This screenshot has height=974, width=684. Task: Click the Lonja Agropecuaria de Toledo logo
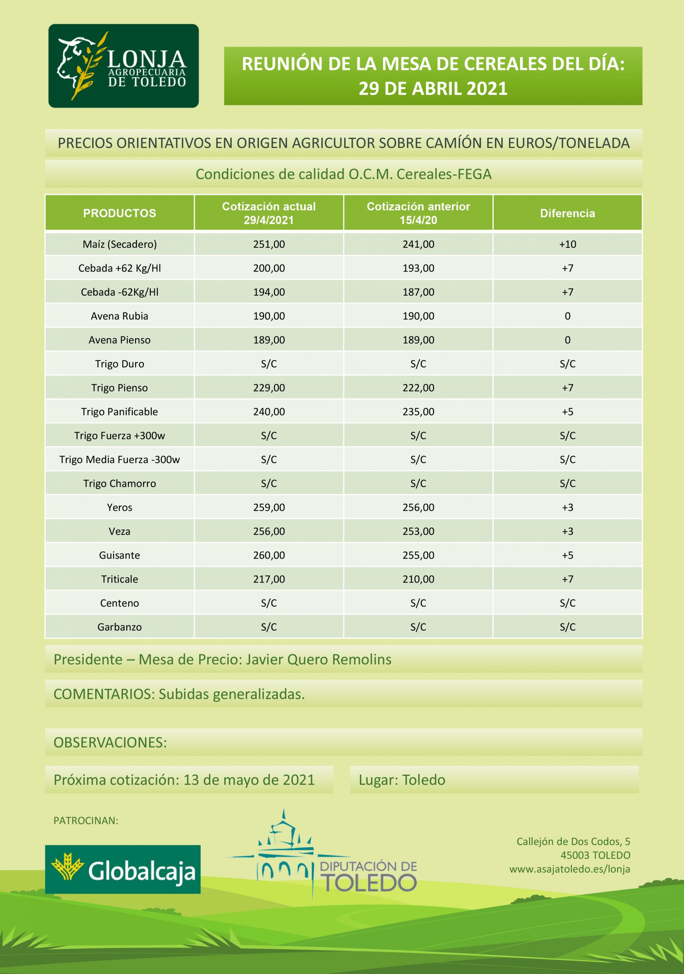(x=123, y=66)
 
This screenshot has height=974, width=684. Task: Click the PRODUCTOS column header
(x=120, y=213)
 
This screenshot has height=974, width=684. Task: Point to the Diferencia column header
(x=567, y=213)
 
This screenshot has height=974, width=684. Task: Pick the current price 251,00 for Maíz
(x=269, y=244)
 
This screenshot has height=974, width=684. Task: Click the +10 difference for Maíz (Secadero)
(x=567, y=244)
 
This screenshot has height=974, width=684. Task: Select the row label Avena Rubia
(x=120, y=316)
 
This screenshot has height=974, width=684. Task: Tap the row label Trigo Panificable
(x=120, y=412)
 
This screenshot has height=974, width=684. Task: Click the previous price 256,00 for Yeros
(x=418, y=508)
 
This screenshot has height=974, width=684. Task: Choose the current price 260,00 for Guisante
(x=269, y=555)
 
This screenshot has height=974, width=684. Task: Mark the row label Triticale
(x=120, y=579)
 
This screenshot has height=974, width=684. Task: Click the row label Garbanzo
(x=120, y=627)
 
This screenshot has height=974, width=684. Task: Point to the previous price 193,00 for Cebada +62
(x=418, y=268)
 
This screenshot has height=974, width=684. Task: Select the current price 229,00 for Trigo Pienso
(x=269, y=388)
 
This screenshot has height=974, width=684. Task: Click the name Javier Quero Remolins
(x=319, y=660)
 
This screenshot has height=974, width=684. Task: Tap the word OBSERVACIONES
(x=110, y=742)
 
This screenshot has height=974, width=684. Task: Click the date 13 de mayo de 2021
(x=249, y=780)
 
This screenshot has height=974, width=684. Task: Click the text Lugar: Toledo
(x=402, y=780)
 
